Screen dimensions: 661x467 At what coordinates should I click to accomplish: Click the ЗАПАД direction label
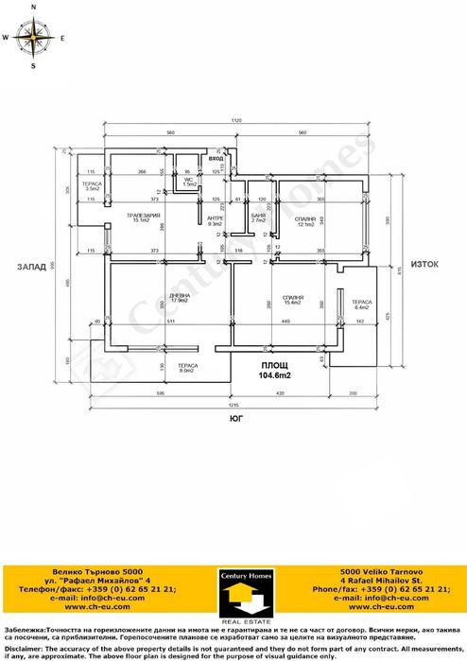coord(31,268)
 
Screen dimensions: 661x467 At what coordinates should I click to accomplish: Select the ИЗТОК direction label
coord(423,265)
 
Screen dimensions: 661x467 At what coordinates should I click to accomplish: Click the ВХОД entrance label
coord(217,158)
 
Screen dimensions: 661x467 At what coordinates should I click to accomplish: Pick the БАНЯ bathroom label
coord(258,217)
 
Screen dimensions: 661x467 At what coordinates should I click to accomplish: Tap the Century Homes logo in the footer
coord(233,592)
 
